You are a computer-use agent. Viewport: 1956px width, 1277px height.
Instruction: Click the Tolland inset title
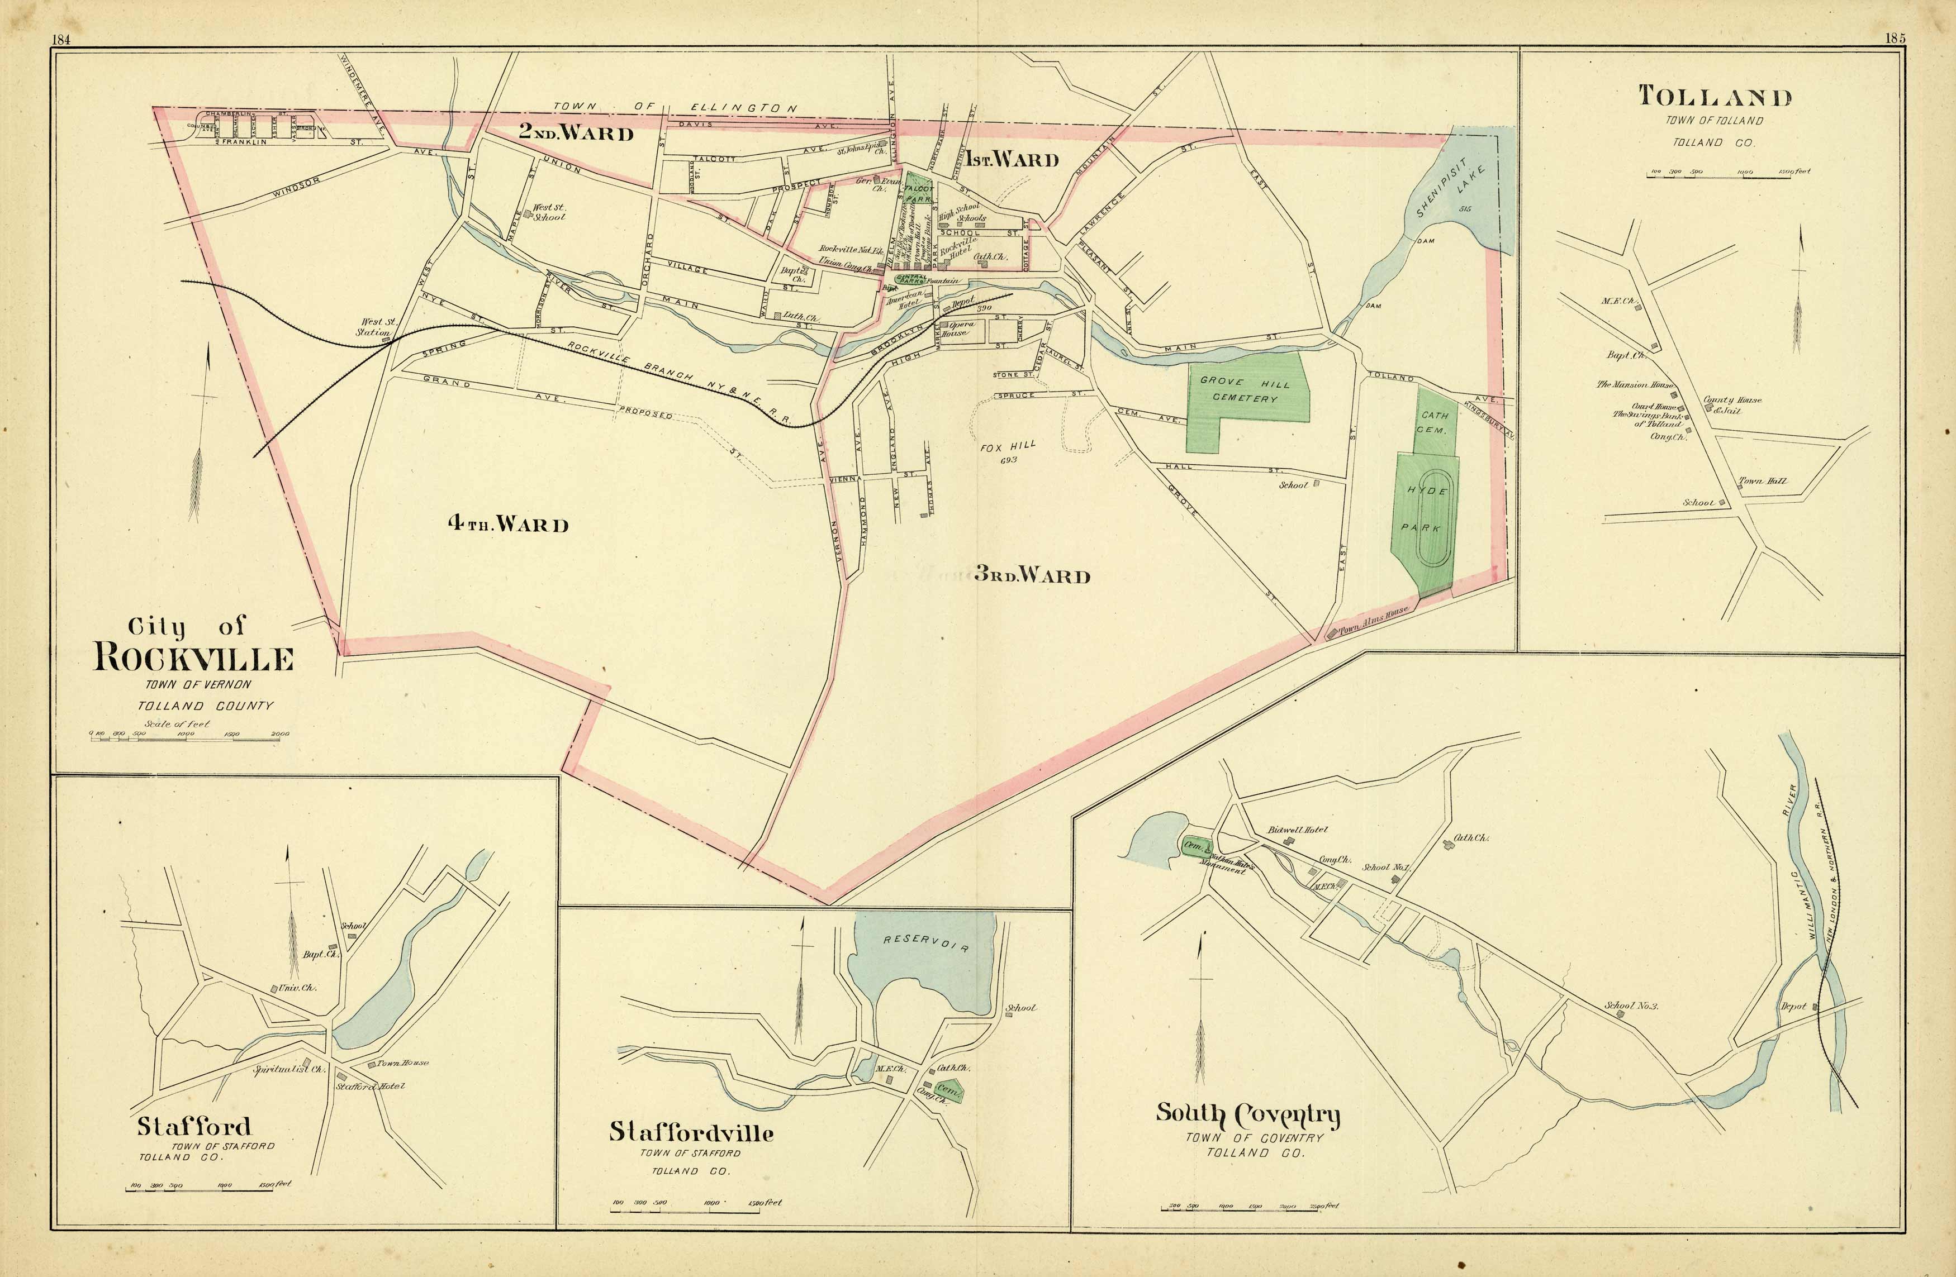tap(1715, 97)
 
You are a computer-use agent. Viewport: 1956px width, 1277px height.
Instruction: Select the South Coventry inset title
tap(1247, 1114)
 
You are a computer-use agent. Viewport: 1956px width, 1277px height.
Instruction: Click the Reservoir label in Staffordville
tap(926, 942)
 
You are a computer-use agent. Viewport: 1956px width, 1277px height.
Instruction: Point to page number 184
tap(60, 40)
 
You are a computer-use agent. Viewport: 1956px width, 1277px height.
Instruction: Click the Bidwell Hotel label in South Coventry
tap(1297, 830)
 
